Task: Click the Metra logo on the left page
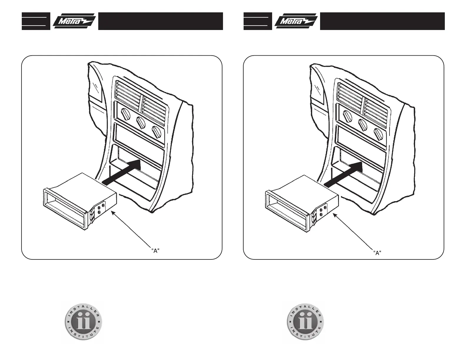74,21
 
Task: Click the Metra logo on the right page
296,21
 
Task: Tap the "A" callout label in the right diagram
377,253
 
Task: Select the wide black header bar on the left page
160,21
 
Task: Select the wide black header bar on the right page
382,21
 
